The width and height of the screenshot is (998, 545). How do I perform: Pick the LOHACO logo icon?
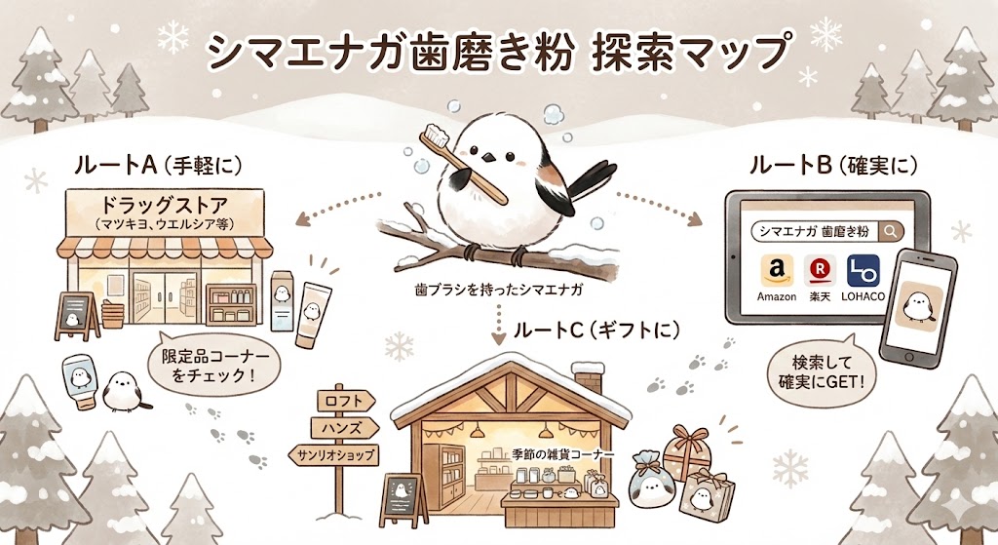864,272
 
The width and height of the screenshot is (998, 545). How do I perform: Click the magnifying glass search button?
891,232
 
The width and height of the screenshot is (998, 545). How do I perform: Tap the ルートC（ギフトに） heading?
595,330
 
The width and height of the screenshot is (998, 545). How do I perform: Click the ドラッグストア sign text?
166,208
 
